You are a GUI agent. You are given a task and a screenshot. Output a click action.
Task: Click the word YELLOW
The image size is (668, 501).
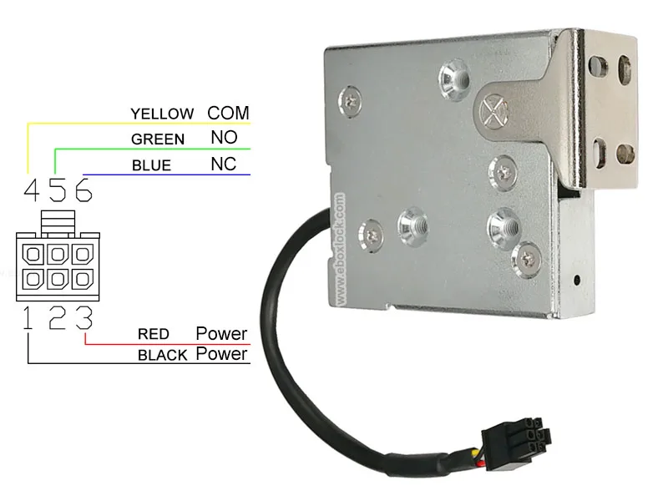pos(162,114)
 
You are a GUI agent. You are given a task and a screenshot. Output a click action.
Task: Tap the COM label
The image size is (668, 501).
pos(228,113)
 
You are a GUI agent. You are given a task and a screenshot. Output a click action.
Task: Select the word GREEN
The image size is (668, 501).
pos(158,139)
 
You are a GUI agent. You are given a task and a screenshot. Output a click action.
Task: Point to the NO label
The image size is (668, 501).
pos(223,138)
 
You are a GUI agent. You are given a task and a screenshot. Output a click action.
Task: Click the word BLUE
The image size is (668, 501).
pos(151,165)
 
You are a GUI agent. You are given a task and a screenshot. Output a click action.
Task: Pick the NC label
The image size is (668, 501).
pos(223,164)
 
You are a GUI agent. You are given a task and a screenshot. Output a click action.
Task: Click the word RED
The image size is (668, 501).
pos(154,335)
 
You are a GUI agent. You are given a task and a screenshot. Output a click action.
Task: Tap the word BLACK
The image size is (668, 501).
pos(162,356)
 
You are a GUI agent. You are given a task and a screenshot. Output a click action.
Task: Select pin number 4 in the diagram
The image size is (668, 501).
pos(31,191)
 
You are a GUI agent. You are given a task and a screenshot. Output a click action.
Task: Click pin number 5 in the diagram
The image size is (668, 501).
pos(56,191)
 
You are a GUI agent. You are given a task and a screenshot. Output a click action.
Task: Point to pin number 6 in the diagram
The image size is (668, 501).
pos(82,191)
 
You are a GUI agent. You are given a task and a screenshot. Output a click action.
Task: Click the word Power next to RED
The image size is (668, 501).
pos(221,334)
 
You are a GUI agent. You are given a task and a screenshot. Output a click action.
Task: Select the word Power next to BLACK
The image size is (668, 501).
pos(221,355)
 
